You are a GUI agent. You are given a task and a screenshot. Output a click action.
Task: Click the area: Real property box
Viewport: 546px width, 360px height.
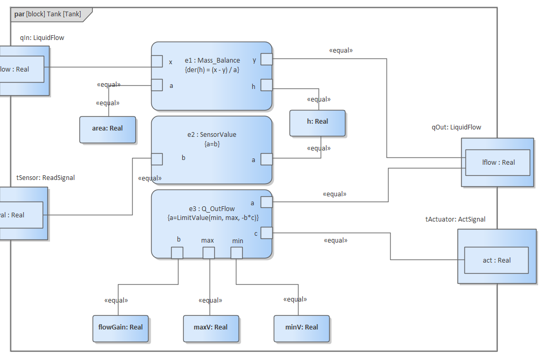107,129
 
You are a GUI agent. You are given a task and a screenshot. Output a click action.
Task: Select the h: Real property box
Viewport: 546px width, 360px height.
317,122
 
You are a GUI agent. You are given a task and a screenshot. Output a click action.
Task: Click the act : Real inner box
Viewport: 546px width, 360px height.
497,260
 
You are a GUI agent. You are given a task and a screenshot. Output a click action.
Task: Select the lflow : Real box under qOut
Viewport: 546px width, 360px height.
497,163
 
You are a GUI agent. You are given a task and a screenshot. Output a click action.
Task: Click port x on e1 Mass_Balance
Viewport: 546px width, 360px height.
157,62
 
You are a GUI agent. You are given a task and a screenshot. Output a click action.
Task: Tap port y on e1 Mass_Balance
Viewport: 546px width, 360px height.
267,59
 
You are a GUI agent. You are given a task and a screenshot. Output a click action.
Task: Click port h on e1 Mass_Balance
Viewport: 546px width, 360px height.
267,85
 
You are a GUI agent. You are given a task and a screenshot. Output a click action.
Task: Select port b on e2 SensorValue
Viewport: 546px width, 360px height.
157,159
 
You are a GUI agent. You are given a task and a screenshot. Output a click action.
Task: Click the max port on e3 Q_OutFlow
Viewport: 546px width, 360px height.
209,253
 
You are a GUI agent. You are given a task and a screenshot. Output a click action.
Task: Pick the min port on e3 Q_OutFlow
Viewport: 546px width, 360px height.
236,253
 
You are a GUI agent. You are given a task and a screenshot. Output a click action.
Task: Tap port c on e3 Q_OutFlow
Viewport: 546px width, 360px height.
267,233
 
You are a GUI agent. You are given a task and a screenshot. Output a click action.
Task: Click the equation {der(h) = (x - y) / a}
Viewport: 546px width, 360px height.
212,69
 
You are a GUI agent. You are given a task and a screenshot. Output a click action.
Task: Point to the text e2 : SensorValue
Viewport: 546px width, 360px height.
212,134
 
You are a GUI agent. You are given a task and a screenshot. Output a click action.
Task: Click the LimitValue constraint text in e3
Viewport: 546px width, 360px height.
213,217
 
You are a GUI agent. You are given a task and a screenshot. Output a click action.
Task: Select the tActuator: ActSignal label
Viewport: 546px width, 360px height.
455,219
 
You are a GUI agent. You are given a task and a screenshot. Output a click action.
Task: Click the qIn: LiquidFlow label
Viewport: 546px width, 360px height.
42,38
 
